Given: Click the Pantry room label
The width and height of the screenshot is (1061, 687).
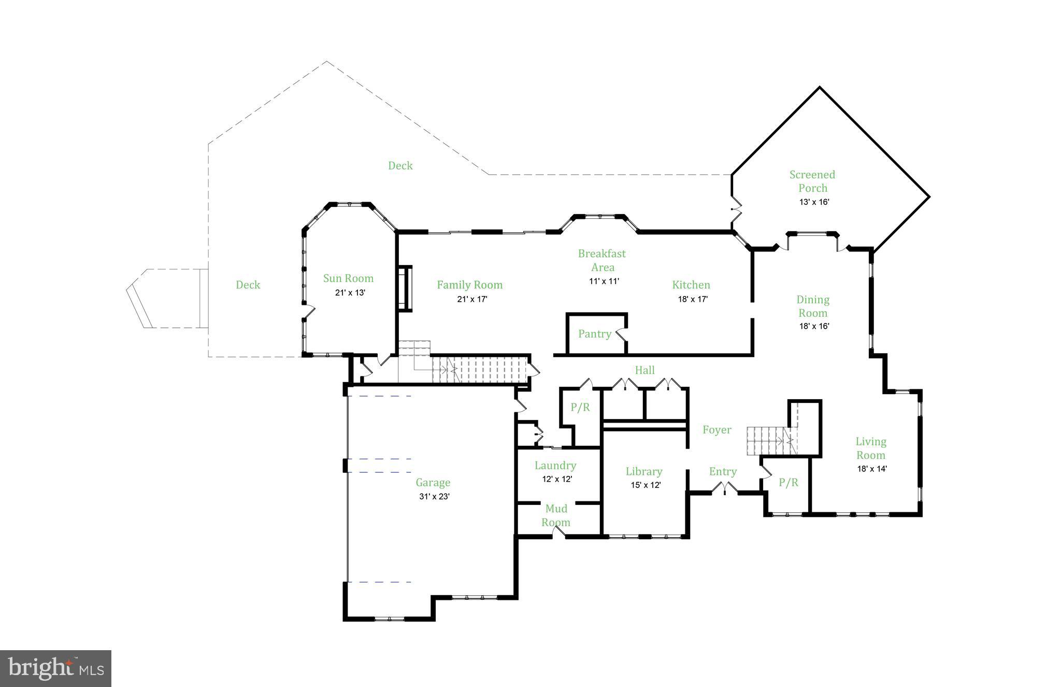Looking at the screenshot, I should point(594,334).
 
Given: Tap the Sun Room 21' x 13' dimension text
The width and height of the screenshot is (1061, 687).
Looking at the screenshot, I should point(350,292).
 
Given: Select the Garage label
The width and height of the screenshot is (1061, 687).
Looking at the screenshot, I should point(433,483).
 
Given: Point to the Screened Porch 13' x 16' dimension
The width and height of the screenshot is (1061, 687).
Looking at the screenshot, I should point(814,202).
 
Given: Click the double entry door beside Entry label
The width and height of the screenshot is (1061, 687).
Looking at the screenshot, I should point(724,488).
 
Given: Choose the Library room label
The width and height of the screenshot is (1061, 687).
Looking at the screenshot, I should point(643,471).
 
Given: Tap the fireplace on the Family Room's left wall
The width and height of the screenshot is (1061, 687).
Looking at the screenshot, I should point(405,288).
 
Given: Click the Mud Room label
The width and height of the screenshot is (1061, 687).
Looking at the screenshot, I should point(556,515).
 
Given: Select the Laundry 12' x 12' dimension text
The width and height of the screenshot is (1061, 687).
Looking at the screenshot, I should point(557,479).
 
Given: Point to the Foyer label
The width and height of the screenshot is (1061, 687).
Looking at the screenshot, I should point(716,429).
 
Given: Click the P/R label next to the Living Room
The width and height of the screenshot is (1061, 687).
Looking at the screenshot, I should point(788,483).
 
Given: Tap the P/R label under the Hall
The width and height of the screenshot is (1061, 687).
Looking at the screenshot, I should point(580,408).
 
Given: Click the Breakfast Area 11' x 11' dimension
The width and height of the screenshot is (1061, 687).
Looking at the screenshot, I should point(604,281).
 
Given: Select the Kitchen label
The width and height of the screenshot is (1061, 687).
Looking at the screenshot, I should point(691,285).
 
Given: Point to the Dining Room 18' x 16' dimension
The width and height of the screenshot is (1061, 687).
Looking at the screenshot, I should point(814,326).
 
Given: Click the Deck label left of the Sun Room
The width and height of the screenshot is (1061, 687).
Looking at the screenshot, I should point(248,285).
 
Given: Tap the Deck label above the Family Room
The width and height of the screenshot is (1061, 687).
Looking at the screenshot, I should point(400,165).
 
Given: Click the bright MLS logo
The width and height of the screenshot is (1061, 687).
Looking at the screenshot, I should point(55,668).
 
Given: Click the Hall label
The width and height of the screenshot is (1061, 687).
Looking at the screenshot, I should point(644,370).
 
